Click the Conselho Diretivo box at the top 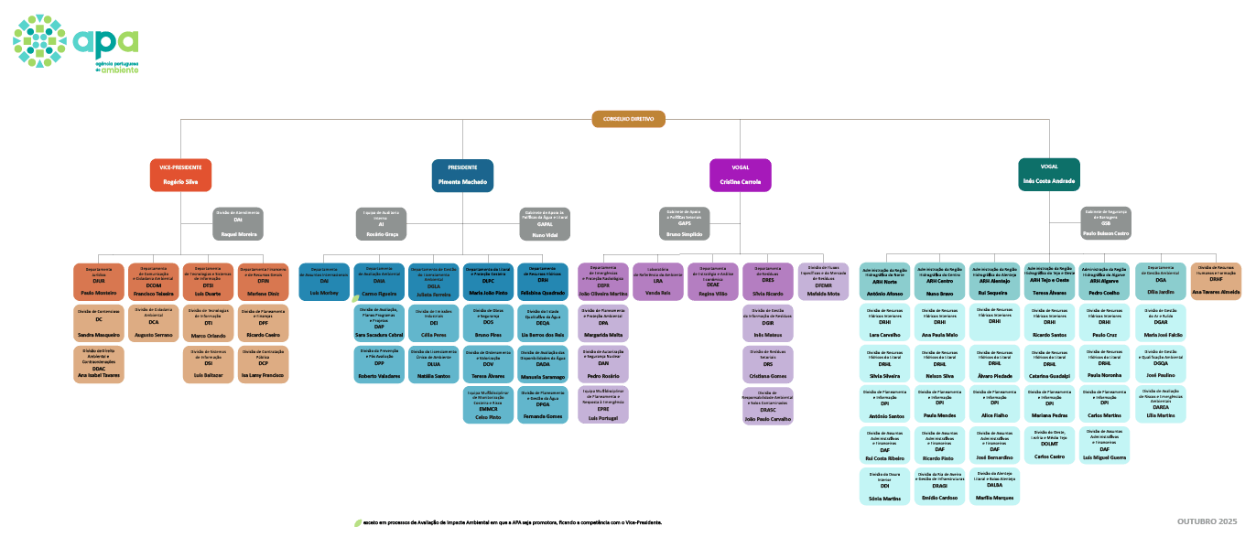point(628,119)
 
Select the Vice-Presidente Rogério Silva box point(180,175)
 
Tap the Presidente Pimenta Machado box point(462,175)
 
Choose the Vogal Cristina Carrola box point(741,175)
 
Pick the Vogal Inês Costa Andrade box point(1048,174)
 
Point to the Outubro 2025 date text point(1207,521)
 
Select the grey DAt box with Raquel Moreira point(238,224)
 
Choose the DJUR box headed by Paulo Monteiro point(98,281)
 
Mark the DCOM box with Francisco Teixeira point(153,281)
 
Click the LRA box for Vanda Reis point(658,281)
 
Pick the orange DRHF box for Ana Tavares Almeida point(1216,281)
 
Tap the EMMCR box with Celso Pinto point(488,405)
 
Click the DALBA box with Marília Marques point(995,487)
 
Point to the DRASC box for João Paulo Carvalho point(768,406)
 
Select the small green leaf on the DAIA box point(357,298)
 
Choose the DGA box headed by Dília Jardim point(1161,281)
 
